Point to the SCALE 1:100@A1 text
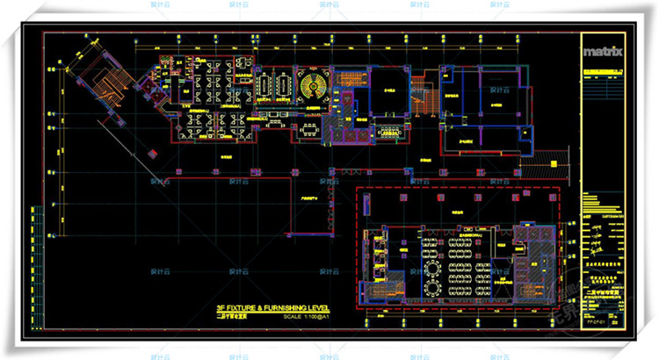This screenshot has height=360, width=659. (306, 316)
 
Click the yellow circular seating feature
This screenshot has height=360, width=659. (311, 86)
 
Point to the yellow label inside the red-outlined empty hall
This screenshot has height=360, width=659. (308, 200)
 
